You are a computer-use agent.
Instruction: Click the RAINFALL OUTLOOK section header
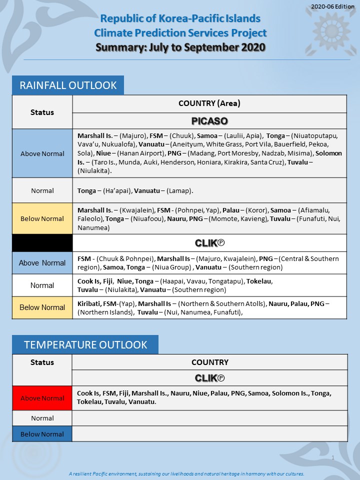(68, 85)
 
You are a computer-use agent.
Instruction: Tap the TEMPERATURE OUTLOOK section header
(85, 344)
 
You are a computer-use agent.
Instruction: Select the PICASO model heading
(209, 121)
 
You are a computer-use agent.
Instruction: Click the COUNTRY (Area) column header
(209, 103)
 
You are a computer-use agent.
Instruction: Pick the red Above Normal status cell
(42, 398)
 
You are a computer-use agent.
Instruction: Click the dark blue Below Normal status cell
(42, 434)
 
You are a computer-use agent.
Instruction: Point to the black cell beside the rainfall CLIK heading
(42, 243)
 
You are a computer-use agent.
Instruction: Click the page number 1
(333, 457)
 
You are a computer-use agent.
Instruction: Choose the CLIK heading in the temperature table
(209, 378)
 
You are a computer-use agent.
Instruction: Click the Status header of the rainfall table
(42, 112)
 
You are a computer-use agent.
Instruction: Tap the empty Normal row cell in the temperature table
(209, 418)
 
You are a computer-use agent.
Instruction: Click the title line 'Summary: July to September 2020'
(180, 48)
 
